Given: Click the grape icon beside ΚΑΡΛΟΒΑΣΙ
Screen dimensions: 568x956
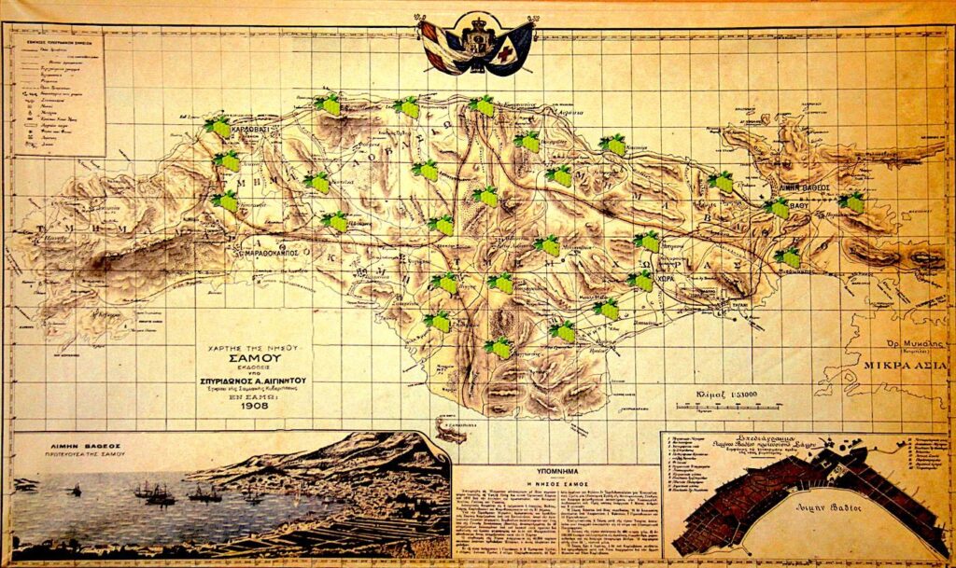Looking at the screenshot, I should pos(218,128).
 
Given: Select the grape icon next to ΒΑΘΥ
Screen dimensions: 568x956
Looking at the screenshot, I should pos(778,208).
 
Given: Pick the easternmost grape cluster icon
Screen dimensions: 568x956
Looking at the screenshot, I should pos(851,201).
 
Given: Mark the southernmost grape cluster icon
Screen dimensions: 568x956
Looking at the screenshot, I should pos(499,348).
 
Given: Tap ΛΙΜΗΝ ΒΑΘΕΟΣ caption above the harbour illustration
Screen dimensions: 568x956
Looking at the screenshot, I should pos(81,448).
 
